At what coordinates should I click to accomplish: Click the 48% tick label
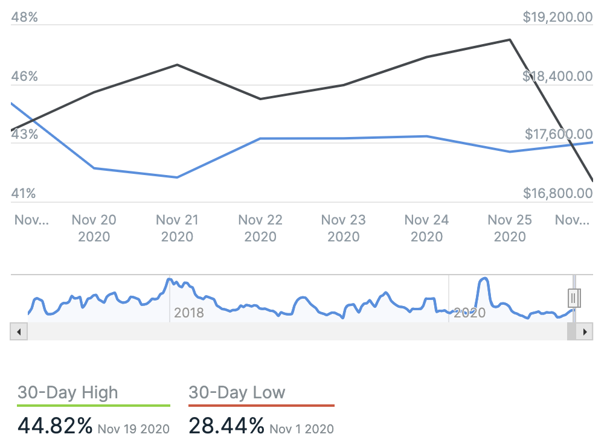pyautogui.click(x=24, y=17)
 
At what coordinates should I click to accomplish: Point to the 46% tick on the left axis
pyautogui.click(x=24, y=77)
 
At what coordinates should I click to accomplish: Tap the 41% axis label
pyautogui.click(x=24, y=194)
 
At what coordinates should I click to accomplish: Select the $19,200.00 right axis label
pyautogui.click(x=557, y=17)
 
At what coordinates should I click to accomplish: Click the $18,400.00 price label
pyautogui.click(x=557, y=77)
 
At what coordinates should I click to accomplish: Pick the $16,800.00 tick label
pyautogui.click(x=557, y=194)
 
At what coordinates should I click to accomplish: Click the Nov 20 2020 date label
pyautogui.click(x=94, y=228)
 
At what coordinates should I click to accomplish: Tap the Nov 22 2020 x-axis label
pyautogui.click(x=260, y=228)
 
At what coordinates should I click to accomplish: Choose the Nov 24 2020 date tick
pyautogui.click(x=426, y=228)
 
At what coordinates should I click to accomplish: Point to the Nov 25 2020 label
pyautogui.click(x=510, y=228)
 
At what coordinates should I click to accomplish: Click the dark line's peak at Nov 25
pyautogui.click(x=510, y=40)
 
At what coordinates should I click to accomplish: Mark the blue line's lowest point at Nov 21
pyautogui.click(x=177, y=177)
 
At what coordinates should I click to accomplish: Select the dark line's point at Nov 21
pyautogui.click(x=177, y=65)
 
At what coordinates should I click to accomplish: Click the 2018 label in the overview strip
pyautogui.click(x=189, y=313)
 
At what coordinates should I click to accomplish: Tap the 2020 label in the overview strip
pyautogui.click(x=469, y=313)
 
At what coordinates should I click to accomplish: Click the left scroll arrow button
pyautogui.click(x=18, y=332)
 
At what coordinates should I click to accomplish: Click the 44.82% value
pyautogui.click(x=55, y=425)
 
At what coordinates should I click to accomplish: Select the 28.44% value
pyautogui.click(x=226, y=425)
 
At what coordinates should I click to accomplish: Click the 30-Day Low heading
pyautogui.click(x=237, y=392)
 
